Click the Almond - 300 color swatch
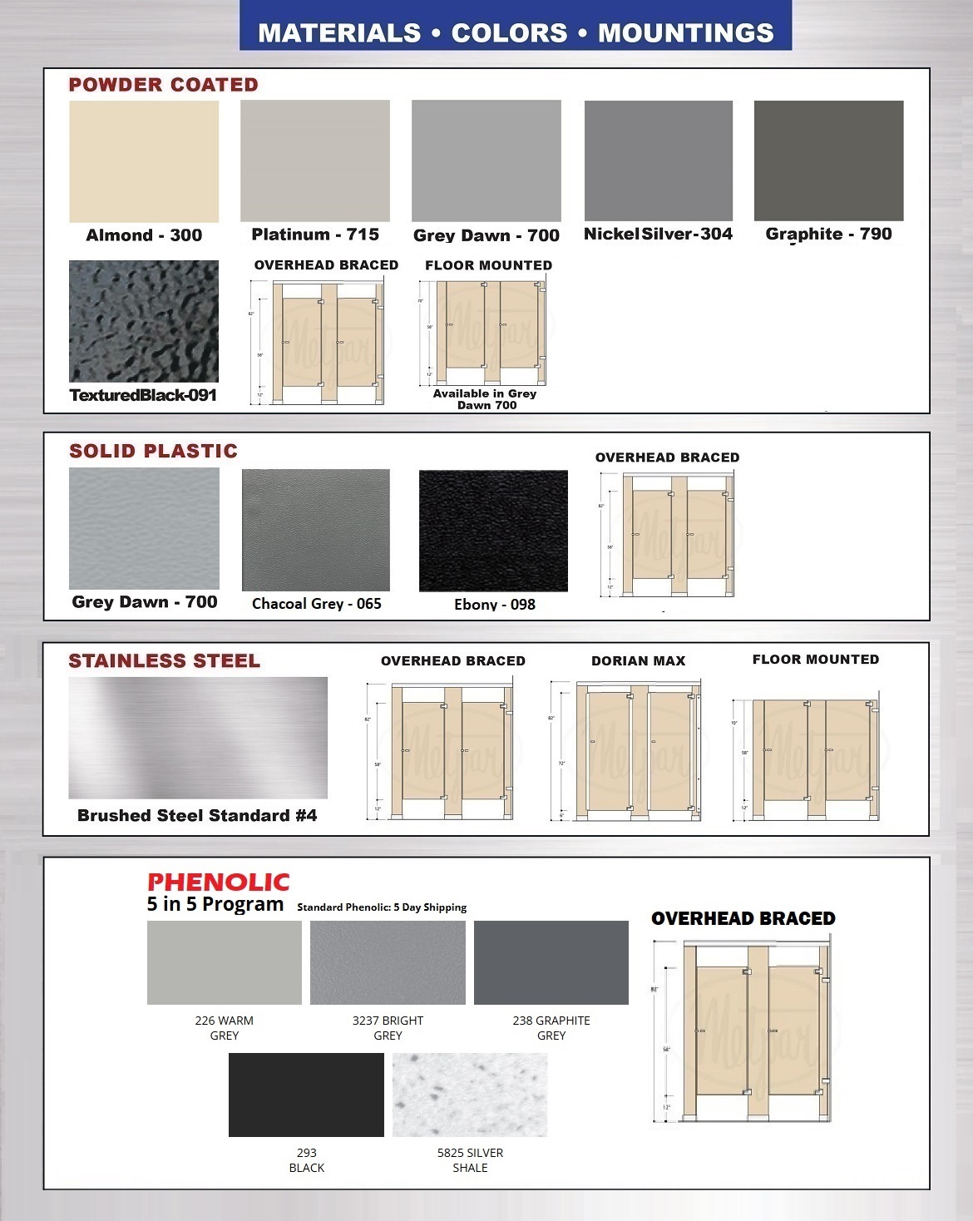pyautogui.click(x=144, y=161)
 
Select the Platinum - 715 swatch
pyautogui.click(x=315, y=161)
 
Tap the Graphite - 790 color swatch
pyautogui.click(x=828, y=161)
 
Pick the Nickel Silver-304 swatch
pyautogui.click(x=659, y=161)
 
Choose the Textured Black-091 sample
pyautogui.click(x=144, y=321)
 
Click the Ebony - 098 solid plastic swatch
pyautogui.click(x=493, y=531)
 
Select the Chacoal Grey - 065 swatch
pyautogui.click(x=315, y=531)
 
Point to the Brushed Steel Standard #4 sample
pyautogui.click(x=198, y=738)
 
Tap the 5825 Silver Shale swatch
pyautogui.click(x=470, y=1095)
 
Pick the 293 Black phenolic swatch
pyautogui.click(x=306, y=1095)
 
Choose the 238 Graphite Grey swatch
pyautogui.click(x=551, y=962)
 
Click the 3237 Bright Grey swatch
pyautogui.click(x=388, y=962)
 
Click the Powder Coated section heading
pyautogui.click(x=164, y=85)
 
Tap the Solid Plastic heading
pyautogui.click(x=153, y=451)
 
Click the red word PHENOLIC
pyautogui.click(x=219, y=882)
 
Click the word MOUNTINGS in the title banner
pyautogui.click(x=686, y=33)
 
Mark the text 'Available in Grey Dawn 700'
pyautogui.click(x=486, y=399)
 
